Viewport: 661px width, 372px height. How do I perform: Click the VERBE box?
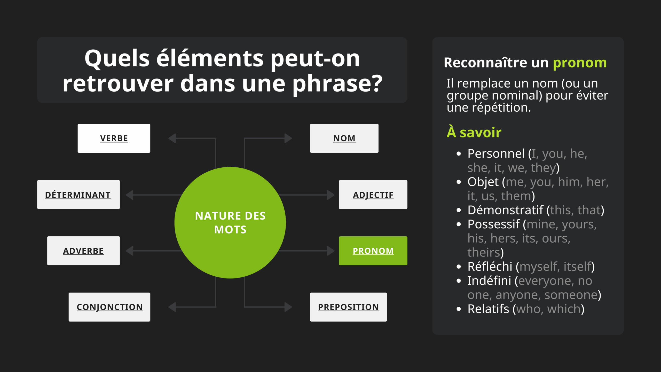[x=114, y=138]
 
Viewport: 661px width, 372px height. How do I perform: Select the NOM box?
[x=344, y=138]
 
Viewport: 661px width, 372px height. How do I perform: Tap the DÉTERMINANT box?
[x=78, y=195]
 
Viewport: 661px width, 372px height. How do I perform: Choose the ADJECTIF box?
[x=373, y=195]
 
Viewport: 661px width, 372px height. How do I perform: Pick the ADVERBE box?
[x=83, y=251]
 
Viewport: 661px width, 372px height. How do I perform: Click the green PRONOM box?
[x=373, y=251]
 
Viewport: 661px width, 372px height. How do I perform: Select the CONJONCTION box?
[x=109, y=307]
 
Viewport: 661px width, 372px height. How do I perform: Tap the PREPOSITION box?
[x=348, y=307]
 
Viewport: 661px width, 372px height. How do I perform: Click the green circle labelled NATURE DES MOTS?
[x=230, y=223]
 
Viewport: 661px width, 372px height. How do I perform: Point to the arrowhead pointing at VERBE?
[x=172, y=138]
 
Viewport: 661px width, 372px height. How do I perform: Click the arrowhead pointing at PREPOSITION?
[x=288, y=307]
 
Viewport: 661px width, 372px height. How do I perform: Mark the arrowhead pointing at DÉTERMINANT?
[x=130, y=195]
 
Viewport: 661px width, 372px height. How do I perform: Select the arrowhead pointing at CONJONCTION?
[x=172, y=307]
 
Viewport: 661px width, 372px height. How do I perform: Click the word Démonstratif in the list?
[x=505, y=210]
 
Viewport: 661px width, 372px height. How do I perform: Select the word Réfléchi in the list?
[x=490, y=266]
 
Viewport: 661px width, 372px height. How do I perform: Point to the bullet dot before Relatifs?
[x=459, y=309]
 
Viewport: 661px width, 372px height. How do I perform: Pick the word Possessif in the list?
[x=493, y=224]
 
